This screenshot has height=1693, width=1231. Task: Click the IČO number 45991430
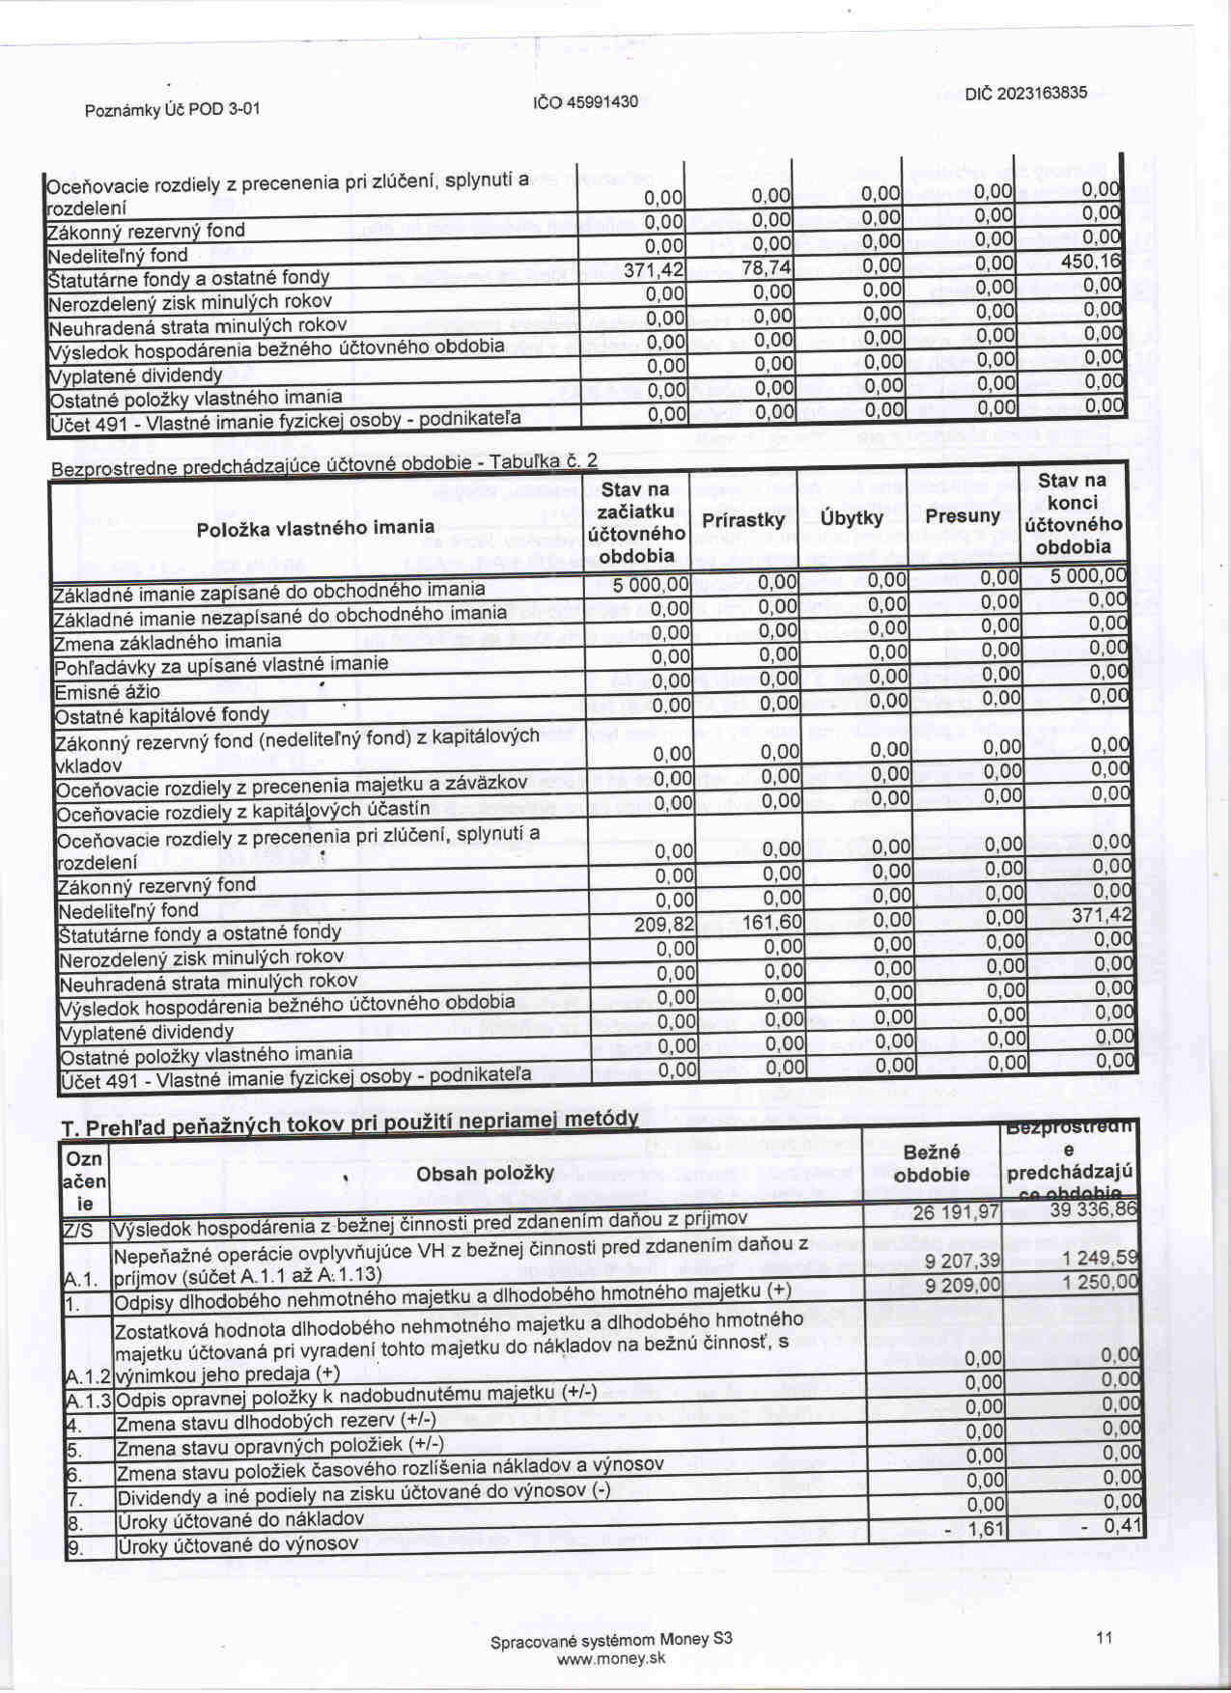[586, 102]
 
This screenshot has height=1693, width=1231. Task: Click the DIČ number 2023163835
[1025, 94]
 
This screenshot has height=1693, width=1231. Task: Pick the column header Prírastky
[742, 520]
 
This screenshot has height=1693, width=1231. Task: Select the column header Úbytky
[852, 518]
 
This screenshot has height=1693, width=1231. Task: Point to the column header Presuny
[962, 516]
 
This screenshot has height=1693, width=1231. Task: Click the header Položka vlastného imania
[315, 528]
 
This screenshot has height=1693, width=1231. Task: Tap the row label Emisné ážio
[107, 692]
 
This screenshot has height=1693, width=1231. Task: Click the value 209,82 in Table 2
[664, 925]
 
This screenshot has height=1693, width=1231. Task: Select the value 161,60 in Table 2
[772, 923]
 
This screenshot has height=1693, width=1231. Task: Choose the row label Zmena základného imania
[168, 642]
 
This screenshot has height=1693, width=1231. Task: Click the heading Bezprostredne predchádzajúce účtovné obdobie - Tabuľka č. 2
[323, 465]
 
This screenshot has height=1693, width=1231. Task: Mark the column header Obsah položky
[485, 1173]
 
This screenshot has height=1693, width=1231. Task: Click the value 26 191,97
[956, 1212]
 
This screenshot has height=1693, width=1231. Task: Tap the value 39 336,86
[1093, 1209]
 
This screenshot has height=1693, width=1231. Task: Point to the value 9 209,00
[963, 1286]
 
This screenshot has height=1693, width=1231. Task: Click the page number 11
[1105, 1637]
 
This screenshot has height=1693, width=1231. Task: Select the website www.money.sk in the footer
[610, 1659]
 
